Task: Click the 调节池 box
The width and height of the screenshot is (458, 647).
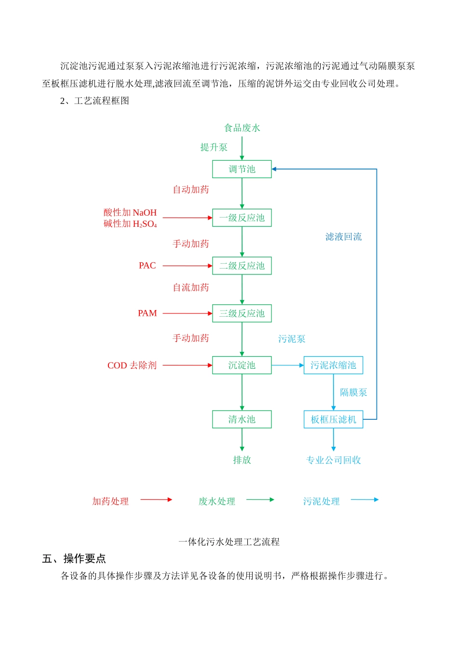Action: pyautogui.click(x=242, y=169)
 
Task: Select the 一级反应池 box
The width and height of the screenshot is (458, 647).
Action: pyautogui.click(x=242, y=218)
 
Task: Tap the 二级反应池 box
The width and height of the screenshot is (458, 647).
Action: pyautogui.click(x=242, y=266)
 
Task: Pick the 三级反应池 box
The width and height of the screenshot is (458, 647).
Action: pyautogui.click(x=242, y=313)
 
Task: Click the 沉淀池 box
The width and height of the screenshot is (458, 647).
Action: pyautogui.click(x=242, y=365)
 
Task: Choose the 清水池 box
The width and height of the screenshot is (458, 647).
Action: pyautogui.click(x=242, y=419)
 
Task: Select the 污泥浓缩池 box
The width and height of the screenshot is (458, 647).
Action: pyautogui.click(x=333, y=365)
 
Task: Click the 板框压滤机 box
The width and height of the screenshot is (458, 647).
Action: pyautogui.click(x=333, y=419)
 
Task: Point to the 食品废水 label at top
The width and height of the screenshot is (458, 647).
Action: pyautogui.click(x=242, y=128)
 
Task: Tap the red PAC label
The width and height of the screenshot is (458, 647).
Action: pyautogui.click(x=147, y=266)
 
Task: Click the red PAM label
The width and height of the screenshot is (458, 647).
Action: pyautogui.click(x=147, y=313)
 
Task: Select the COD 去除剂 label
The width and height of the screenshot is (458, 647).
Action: pyautogui.click(x=132, y=365)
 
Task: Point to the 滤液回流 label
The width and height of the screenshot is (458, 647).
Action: pyautogui.click(x=343, y=237)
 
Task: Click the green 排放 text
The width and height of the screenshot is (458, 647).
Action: pyautogui.click(x=242, y=460)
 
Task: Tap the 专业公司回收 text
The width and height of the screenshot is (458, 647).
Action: pyautogui.click(x=333, y=460)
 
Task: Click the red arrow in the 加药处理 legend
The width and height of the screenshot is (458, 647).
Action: pyautogui.click(x=156, y=500)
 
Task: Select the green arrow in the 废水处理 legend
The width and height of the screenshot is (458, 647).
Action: pyautogui.click(x=260, y=500)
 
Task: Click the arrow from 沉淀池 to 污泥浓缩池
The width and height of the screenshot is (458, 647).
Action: pyautogui.click(x=288, y=365)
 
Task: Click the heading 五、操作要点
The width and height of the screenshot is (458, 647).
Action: pyautogui.click(x=74, y=558)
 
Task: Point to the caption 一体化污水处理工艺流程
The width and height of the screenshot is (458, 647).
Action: pyautogui.click(x=229, y=542)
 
